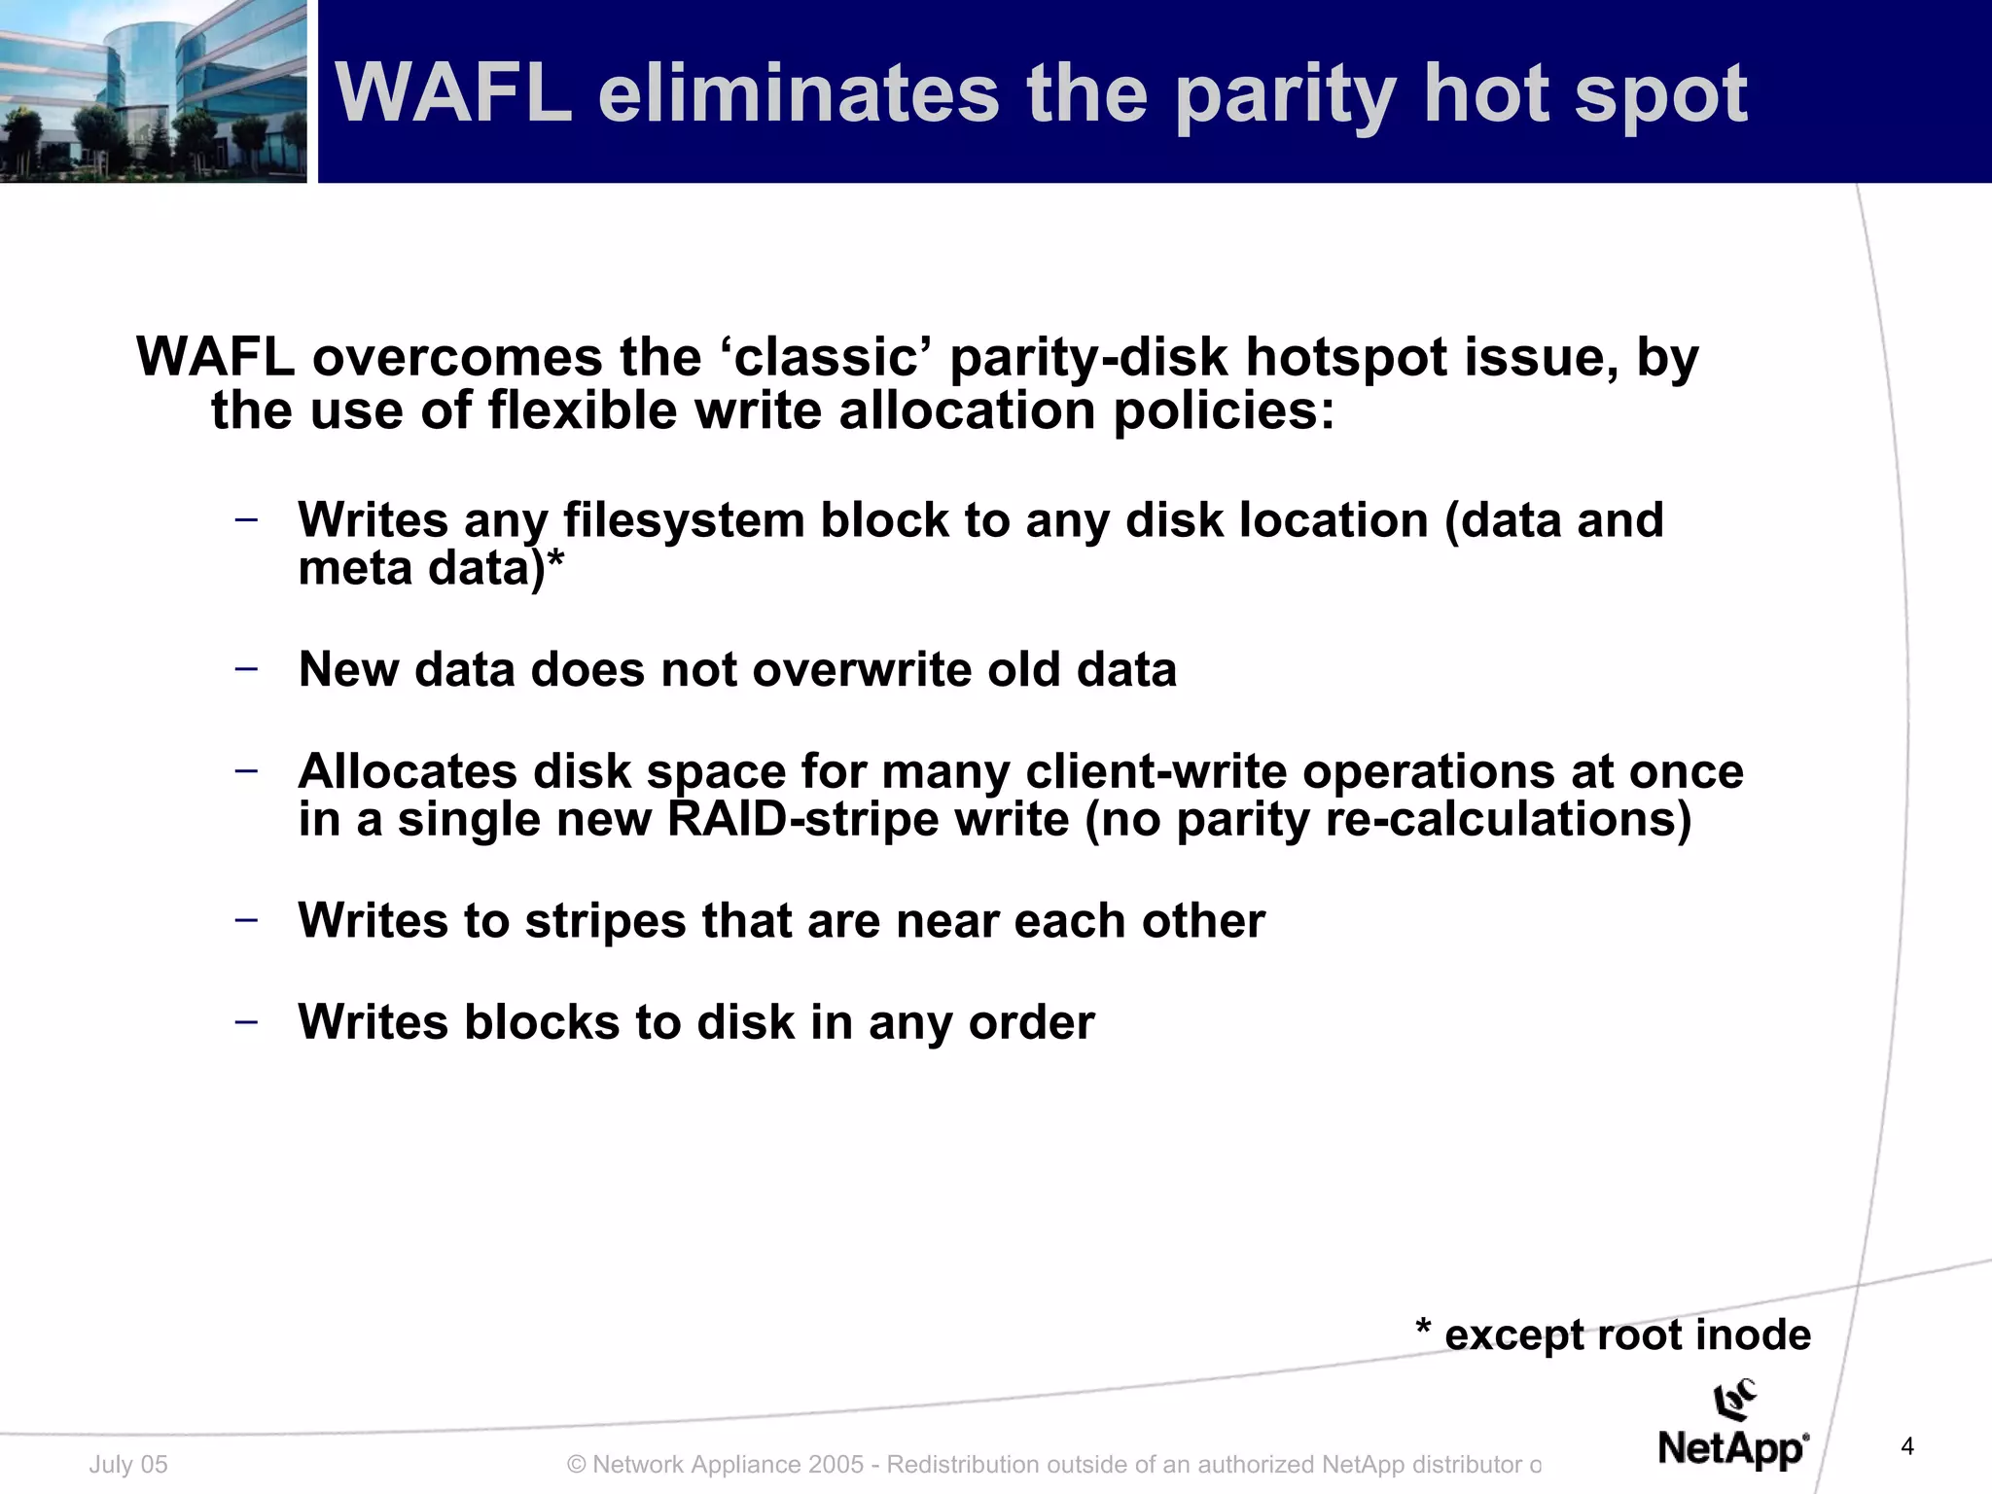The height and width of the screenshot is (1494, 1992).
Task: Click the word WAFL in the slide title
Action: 453,93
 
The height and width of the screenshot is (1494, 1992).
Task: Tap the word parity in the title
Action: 1285,95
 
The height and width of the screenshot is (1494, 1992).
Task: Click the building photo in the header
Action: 153,90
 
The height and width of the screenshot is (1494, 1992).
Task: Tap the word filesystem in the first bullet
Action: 683,520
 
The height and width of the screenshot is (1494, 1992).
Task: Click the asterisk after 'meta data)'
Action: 555,564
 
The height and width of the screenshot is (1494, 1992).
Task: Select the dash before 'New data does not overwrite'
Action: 247,668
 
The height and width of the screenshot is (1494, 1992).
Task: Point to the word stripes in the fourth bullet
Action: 605,920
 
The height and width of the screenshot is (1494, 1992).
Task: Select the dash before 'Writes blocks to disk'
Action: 247,1021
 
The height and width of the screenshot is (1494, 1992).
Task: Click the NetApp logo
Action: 1733,1427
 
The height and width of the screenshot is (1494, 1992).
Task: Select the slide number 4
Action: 1907,1446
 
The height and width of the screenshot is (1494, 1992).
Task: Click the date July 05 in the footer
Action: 128,1464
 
